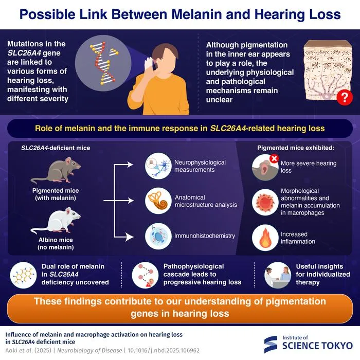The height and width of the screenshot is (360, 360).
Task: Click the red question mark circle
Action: tap(345, 97)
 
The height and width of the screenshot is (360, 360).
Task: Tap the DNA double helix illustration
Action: tap(103, 63)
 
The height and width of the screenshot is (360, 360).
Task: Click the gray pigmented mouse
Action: tap(56, 170)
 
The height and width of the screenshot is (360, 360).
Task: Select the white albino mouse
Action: tap(56, 221)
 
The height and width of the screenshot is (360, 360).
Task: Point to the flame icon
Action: tap(265, 238)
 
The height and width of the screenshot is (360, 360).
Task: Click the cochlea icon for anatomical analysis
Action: tap(158, 201)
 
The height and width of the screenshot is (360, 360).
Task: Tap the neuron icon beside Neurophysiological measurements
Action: tap(158, 166)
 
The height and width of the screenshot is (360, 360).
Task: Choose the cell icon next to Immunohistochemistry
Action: tap(158, 236)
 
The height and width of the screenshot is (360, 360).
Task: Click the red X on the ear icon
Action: tap(274, 158)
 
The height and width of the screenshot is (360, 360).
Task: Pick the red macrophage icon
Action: tap(265, 202)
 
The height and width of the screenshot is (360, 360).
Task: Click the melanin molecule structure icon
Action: tap(23, 275)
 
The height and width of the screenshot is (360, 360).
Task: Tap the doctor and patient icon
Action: tap(278, 275)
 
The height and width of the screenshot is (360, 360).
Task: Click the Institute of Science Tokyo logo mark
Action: tap(271, 344)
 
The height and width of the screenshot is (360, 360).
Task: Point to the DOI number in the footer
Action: tap(164, 351)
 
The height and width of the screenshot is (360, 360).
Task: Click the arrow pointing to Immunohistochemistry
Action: tap(124, 237)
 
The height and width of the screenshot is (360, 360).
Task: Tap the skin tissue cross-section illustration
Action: tap(328, 70)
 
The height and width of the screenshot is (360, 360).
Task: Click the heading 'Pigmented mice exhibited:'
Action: tap(296, 148)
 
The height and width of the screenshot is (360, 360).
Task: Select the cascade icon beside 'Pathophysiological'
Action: tap(145, 275)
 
